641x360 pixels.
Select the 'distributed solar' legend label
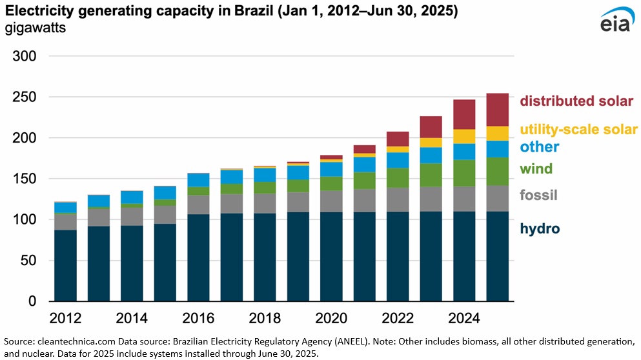pyautogui.click(x=576, y=101)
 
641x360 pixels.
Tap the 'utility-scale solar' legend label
pyautogui.click(x=579, y=130)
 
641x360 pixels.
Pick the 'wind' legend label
pyautogui.click(x=536, y=169)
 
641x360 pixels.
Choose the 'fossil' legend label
pyautogui.click(x=539, y=195)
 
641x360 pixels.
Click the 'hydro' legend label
pyautogui.click(x=540, y=228)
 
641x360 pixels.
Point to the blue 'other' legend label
pyautogui.click(x=540, y=146)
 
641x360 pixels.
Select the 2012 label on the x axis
pyautogui.click(x=65, y=318)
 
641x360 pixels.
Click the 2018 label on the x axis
pyautogui.click(x=265, y=318)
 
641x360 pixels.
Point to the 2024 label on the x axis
pyautogui.click(x=463, y=318)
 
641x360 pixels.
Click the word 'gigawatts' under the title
pyautogui.click(x=35, y=28)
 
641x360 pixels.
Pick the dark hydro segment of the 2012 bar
pyautogui.click(x=65, y=265)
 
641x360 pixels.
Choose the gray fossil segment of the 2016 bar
pyautogui.click(x=198, y=205)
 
